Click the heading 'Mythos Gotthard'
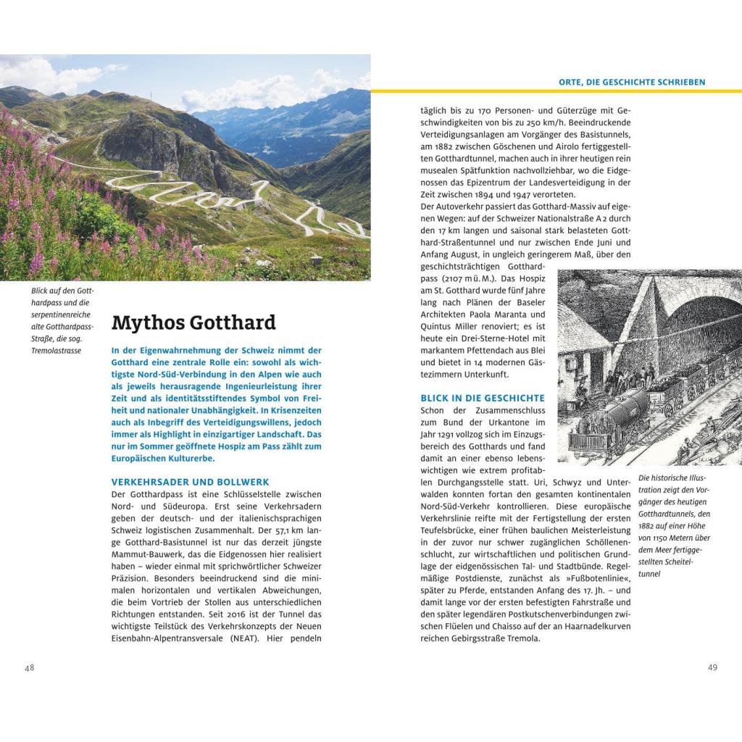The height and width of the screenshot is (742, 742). (193, 322)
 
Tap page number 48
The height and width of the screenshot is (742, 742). (30, 667)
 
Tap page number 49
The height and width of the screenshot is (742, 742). (713, 667)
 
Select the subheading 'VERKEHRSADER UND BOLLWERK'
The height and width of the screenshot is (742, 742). (190, 481)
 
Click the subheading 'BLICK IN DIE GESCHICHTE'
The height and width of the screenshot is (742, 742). (482, 398)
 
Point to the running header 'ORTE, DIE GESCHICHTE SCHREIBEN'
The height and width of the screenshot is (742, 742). (632, 82)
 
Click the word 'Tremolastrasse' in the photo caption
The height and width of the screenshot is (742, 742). (57, 351)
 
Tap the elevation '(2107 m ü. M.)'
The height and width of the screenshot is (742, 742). (467, 278)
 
